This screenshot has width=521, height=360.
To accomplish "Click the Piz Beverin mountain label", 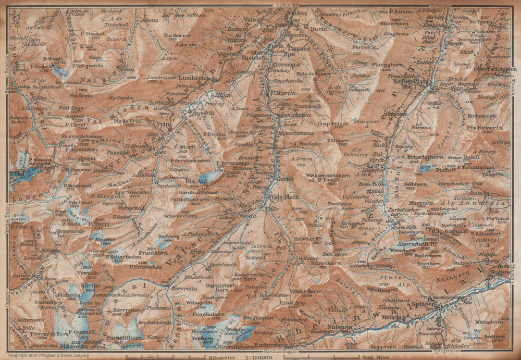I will click(487, 128).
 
